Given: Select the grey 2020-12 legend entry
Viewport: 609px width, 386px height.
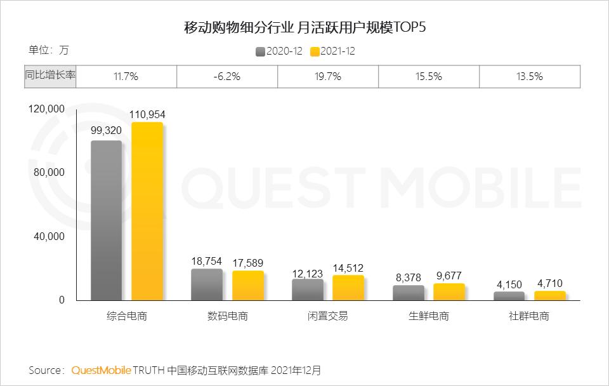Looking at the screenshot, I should coord(279,51).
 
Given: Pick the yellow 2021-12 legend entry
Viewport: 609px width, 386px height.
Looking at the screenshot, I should coord(332,51).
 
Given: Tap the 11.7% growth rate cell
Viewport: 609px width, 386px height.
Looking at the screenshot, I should coord(126,76).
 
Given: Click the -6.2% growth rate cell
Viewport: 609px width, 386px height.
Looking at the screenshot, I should coord(226,76).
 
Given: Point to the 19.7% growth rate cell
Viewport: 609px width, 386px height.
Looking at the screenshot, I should coord(327,76).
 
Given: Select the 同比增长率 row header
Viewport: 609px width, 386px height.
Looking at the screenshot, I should coord(50,76).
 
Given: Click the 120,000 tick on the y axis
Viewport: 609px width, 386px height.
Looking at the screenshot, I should coord(47,109).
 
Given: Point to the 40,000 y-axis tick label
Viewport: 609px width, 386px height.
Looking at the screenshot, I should coord(49,236).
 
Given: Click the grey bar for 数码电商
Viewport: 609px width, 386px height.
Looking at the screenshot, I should coord(207,284).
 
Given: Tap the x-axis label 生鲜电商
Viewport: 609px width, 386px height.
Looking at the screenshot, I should coord(428,316).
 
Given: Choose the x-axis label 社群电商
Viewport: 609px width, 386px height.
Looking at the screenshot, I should coord(529,316).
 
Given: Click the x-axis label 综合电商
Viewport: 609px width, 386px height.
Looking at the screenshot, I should coord(126,316).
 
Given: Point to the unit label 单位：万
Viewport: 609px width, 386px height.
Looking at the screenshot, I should coord(48,50).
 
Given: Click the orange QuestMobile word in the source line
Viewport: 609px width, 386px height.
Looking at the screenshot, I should coord(101,369).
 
